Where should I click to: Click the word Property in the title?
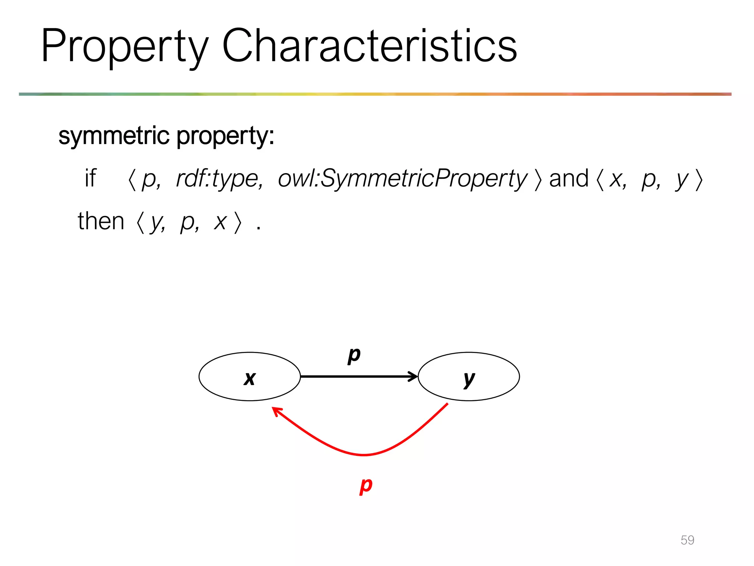point(125,47)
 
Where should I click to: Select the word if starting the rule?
point(90,178)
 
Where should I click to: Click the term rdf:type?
point(219,179)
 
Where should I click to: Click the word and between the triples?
point(569,178)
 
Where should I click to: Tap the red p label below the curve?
point(366,485)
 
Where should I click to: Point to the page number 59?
point(687,540)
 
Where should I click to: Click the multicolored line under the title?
point(375,94)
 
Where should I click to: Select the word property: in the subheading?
point(225,136)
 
